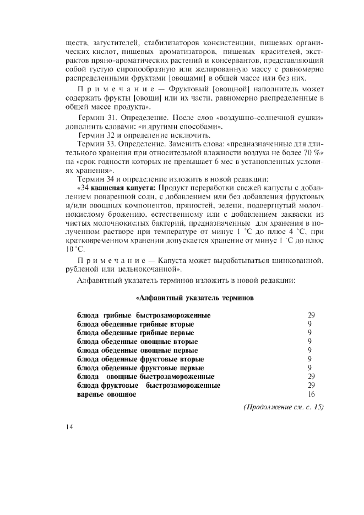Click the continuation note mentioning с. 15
283,407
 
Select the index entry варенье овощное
106,395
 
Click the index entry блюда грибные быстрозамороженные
144,315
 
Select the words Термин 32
96,135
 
